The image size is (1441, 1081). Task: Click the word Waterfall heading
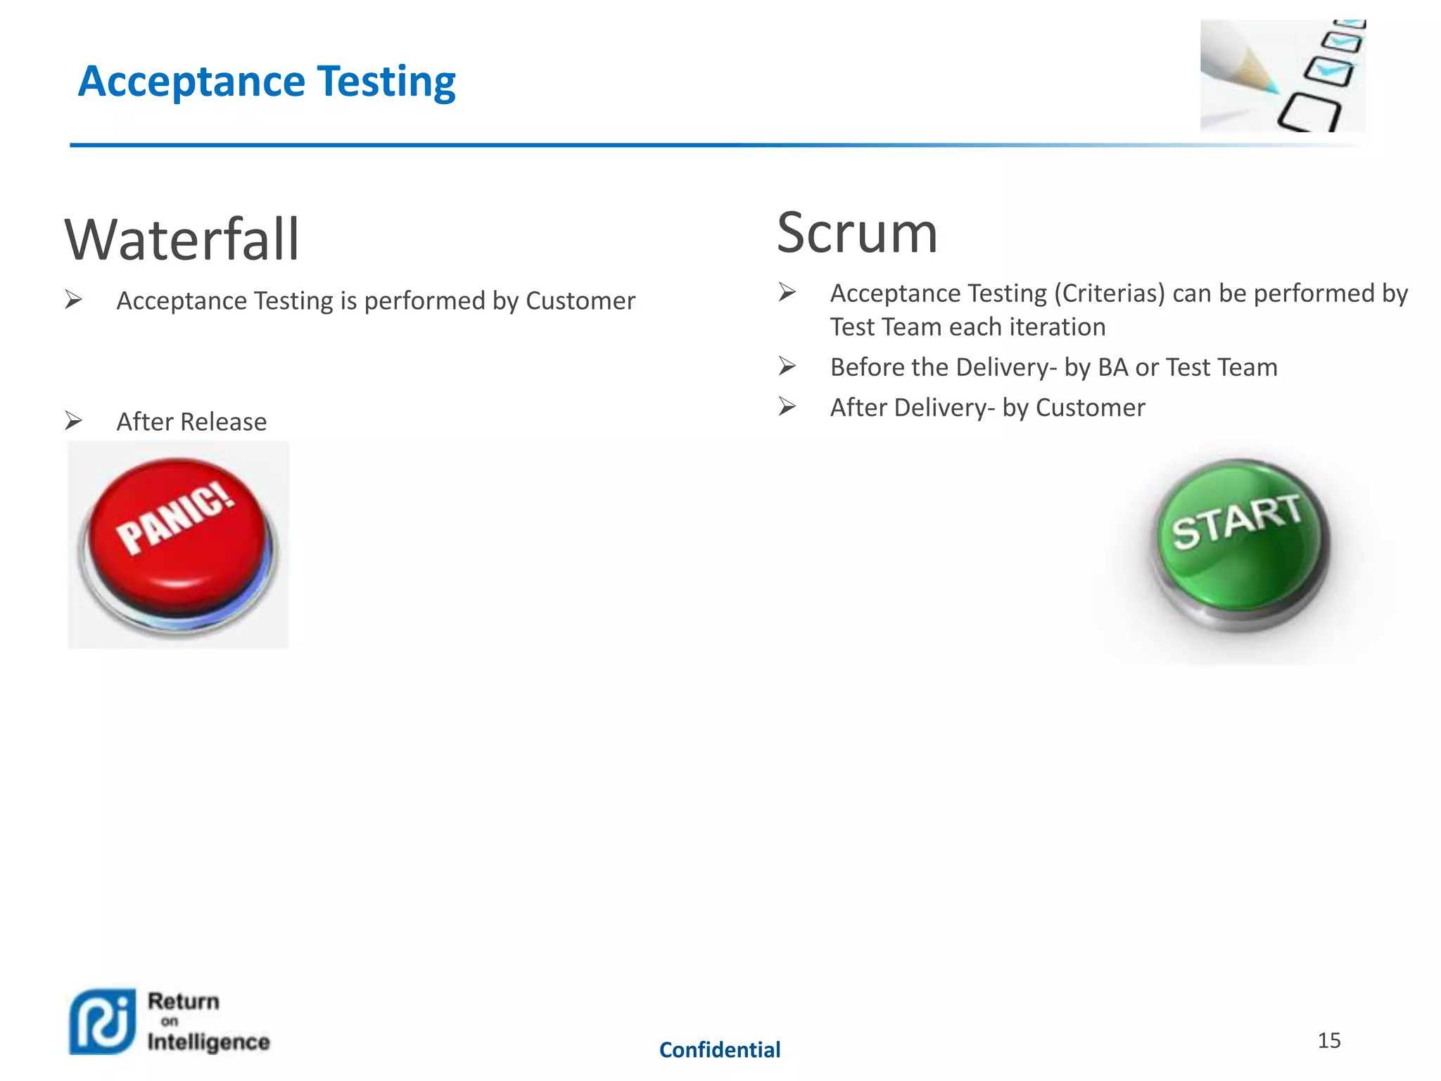pos(182,240)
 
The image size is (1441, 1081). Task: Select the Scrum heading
pos(857,233)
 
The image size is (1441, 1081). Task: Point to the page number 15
pos(1328,1040)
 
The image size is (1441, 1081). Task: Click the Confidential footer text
pos(719,1050)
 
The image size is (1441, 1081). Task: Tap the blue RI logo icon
pos(103,1022)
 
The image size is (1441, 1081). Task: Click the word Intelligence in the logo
pos(208,1042)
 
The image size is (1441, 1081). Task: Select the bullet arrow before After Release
pos(74,421)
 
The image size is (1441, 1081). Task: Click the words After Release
pos(191,422)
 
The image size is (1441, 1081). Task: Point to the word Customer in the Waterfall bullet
pos(580,301)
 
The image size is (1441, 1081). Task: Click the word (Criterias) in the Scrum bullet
pos(1109,293)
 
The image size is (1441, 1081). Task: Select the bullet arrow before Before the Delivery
pos(787,367)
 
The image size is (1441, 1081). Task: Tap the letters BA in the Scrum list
pos(1113,367)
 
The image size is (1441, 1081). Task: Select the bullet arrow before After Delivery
pos(787,407)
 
